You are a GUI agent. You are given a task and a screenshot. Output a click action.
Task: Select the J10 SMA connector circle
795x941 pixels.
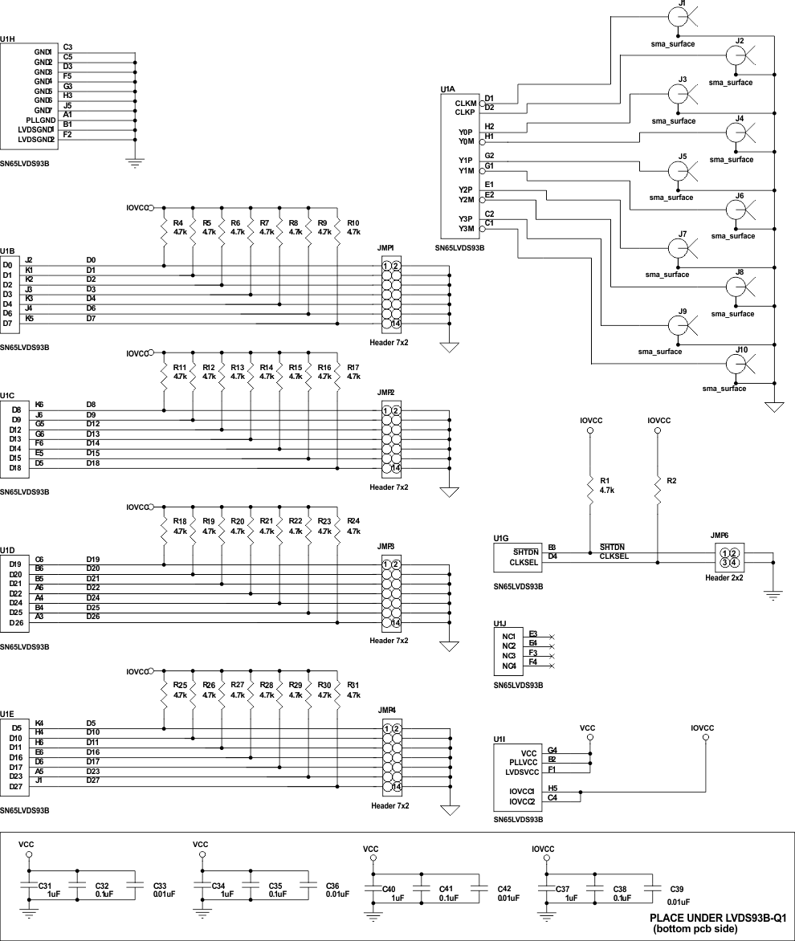tap(736, 364)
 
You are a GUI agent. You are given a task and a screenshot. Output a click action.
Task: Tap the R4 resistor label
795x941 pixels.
tap(178, 222)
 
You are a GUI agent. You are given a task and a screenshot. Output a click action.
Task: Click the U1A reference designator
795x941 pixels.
tap(447, 89)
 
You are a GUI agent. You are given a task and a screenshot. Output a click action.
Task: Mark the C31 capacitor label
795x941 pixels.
tap(45, 886)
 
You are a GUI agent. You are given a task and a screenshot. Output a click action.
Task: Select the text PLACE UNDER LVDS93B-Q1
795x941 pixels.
tap(719, 917)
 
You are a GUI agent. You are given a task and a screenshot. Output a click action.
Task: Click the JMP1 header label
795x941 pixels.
tap(385, 249)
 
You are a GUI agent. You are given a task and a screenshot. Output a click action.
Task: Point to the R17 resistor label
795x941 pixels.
tap(353, 367)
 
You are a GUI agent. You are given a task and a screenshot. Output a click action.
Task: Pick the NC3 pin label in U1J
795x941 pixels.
tap(508, 656)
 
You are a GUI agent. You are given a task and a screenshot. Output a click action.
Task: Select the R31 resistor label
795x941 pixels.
tap(353, 685)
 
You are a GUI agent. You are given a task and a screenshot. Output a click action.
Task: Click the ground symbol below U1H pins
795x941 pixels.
tap(136, 163)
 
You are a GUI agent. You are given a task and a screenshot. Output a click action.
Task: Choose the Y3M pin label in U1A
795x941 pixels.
tap(466, 229)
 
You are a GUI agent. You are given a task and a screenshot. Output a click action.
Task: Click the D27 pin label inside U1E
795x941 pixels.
tap(14, 786)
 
